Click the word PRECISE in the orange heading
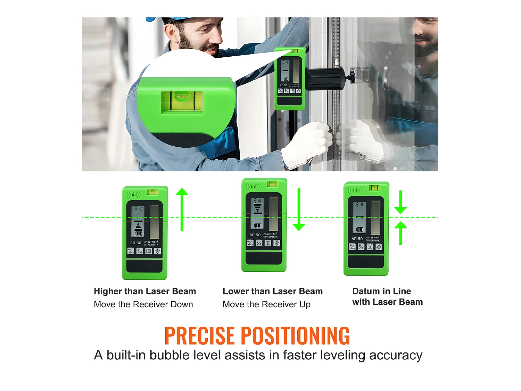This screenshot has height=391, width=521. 199,336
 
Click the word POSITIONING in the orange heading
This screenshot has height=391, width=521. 295,336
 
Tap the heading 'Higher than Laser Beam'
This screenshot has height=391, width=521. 145,291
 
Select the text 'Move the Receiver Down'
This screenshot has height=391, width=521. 143,304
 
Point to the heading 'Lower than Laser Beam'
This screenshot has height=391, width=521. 273,291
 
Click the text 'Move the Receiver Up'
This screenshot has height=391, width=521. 266,304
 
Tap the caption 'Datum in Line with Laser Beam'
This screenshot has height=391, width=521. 387,296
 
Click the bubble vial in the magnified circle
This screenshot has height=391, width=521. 182,100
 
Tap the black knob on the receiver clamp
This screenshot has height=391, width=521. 352,76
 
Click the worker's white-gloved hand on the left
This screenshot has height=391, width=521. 307,144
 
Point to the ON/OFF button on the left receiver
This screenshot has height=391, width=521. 131,251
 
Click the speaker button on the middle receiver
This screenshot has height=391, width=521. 268,243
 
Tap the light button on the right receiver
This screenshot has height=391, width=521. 379,247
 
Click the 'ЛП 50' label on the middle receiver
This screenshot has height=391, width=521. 255,235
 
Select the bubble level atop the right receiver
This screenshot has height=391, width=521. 374,188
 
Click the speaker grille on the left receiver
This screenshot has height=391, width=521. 133,195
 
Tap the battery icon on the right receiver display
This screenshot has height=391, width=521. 359,229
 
